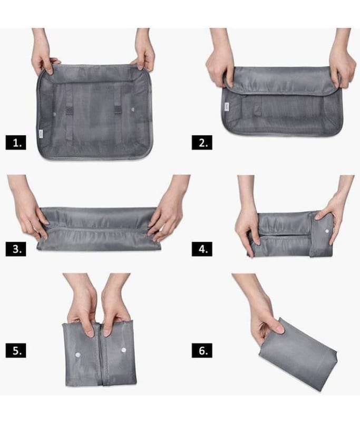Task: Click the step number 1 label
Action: tap(16, 142)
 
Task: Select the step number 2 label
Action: tap(202, 142)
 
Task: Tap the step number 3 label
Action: tap(16, 249)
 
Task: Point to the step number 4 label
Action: tap(202, 249)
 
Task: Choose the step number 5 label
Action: tap(16, 350)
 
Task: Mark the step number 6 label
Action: tap(202, 350)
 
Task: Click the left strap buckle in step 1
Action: tap(69, 110)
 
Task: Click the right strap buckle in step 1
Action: tap(118, 110)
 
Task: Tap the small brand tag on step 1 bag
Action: tap(41, 134)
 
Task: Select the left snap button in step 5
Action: tap(77, 354)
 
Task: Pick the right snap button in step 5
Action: tap(124, 350)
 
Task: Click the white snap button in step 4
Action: tap(327, 231)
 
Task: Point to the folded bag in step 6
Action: tap(298, 355)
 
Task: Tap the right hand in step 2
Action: tap(342, 62)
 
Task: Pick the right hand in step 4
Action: tap(334, 210)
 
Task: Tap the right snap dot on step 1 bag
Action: tap(133, 110)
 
